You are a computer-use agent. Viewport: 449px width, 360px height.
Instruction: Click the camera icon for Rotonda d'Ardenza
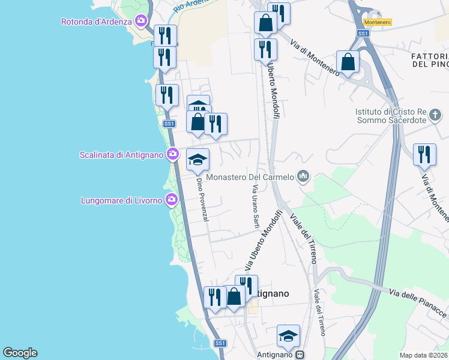click(141, 22)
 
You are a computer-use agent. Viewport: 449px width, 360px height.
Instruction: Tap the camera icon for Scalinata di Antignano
click(172, 154)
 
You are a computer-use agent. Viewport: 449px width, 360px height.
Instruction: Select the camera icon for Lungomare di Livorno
click(172, 199)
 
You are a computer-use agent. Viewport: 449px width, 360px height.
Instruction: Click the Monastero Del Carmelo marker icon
click(303, 176)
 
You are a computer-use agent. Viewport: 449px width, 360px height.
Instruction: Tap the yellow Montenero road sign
click(378, 22)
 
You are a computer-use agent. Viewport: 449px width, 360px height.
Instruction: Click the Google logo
click(20, 353)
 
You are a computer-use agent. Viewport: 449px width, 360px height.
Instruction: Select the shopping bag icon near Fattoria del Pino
click(348, 61)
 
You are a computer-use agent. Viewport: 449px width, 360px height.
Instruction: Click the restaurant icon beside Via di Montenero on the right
click(424, 154)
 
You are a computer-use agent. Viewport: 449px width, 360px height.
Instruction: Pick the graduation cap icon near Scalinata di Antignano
click(197, 160)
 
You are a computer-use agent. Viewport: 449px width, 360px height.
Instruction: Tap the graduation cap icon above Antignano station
click(288, 336)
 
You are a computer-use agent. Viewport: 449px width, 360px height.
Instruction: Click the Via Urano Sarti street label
click(255, 206)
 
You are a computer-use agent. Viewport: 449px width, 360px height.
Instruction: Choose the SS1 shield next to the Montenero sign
click(363, 34)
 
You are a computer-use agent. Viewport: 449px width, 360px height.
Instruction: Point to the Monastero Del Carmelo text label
click(250, 177)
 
